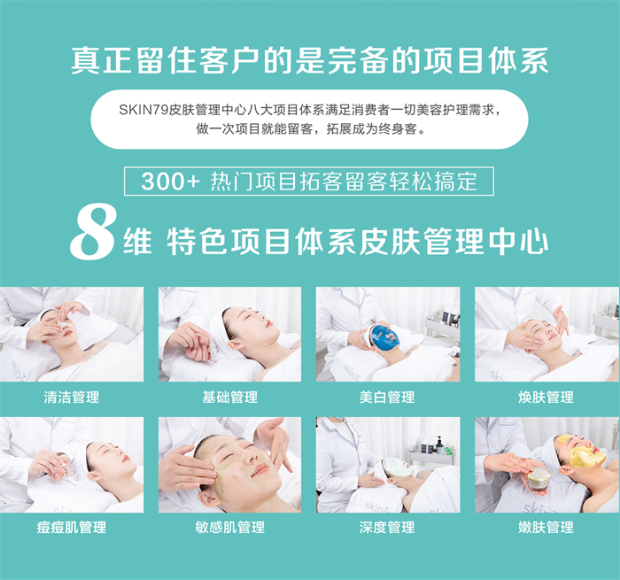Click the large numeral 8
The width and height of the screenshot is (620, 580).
click(x=93, y=231)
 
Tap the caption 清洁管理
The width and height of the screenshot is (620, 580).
click(x=72, y=397)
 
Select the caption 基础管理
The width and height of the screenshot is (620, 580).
click(x=229, y=397)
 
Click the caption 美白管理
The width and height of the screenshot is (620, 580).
click(x=387, y=397)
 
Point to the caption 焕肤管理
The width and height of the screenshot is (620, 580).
click(x=546, y=397)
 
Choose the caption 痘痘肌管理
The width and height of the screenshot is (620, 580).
click(x=72, y=527)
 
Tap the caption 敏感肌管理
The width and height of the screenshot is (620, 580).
click(x=229, y=527)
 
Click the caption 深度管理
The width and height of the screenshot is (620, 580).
click(x=387, y=527)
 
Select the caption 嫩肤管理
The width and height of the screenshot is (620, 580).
click(x=546, y=527)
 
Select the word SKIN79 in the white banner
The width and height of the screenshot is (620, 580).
click(x=143, y=110)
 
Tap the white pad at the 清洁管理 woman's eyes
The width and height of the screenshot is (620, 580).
click(x=63, y=323)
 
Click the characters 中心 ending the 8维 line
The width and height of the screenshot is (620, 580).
click(x=518, y=241)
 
